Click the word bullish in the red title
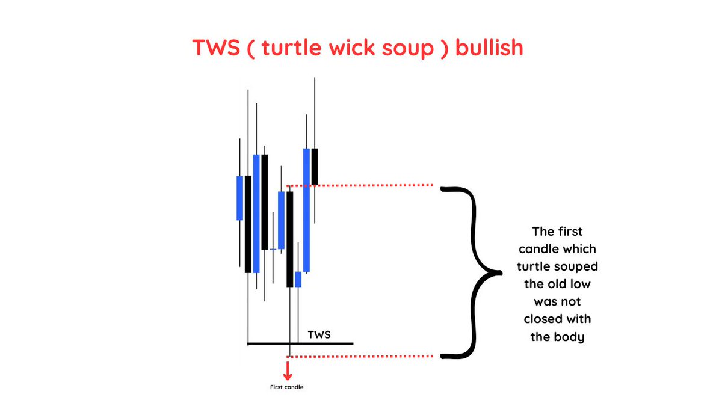point(489,48)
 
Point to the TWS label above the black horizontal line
point(319,334)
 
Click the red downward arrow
point(288,368)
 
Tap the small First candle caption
point(287,387)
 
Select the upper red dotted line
point(373,185)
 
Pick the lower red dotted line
point(373,356)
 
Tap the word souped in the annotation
point(578,266)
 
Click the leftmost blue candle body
point(239,198)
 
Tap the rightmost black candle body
point(315,166)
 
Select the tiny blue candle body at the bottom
point(298,279)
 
